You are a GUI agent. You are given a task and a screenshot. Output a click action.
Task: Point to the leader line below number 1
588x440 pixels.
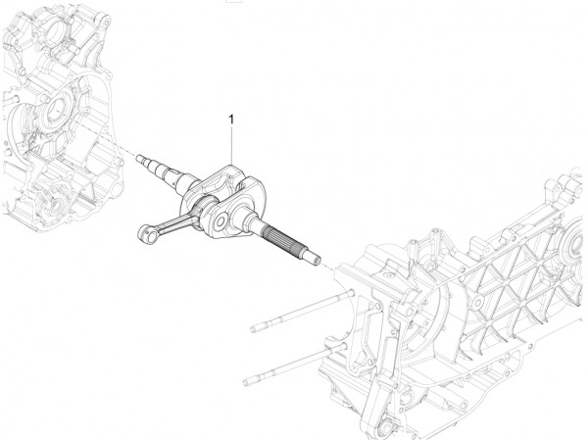coord(231,147)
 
